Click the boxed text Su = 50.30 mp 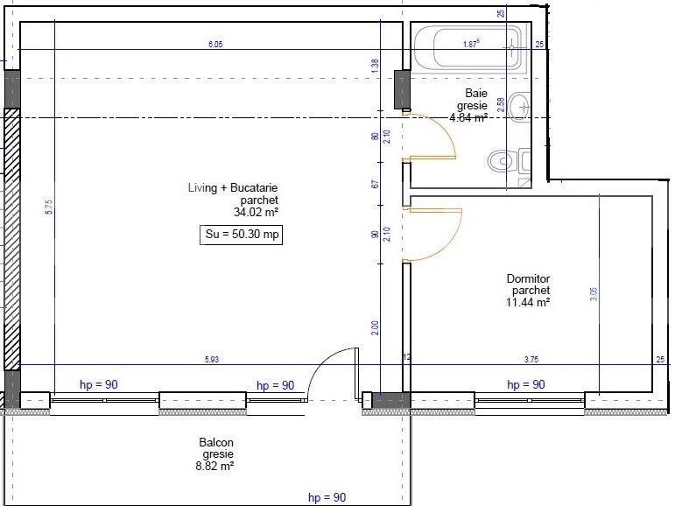(241, 235)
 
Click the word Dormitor (528, 279)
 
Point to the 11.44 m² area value (528, 302)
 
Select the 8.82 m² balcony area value (215, 467)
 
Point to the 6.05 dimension (216, 44)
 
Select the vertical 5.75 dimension (49, 207)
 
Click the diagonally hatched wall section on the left (11, 241)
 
